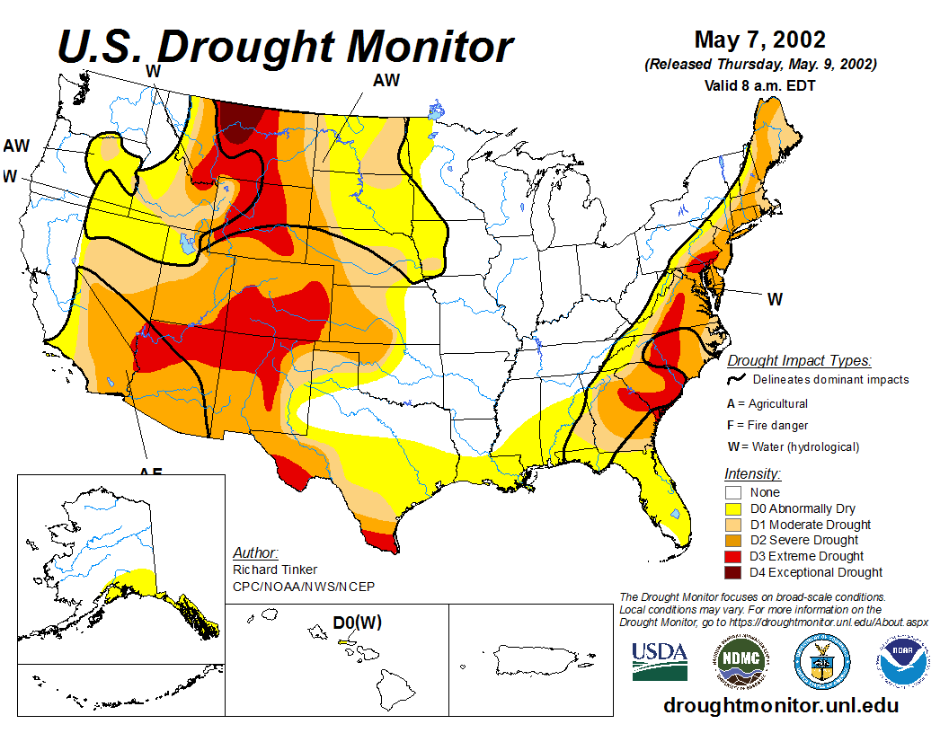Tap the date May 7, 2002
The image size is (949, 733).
759,40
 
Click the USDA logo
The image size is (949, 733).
660,661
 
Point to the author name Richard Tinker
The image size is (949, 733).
275,570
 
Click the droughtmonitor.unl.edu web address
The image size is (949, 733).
780,706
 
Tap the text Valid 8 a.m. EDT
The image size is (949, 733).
760,86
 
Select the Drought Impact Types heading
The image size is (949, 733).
798,361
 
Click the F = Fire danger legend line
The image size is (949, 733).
767,425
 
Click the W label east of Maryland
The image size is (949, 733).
774,299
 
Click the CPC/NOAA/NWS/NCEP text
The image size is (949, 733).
303,587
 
